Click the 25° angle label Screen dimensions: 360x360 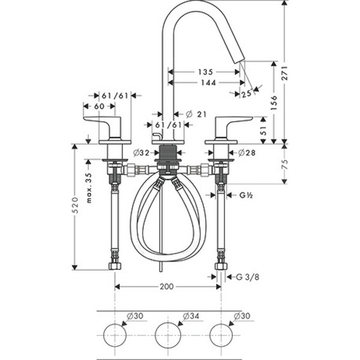click(245, 93)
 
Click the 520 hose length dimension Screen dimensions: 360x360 click(76, 207)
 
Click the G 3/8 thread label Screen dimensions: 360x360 click(248, 277)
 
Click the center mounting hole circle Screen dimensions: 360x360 click(167, 334)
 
